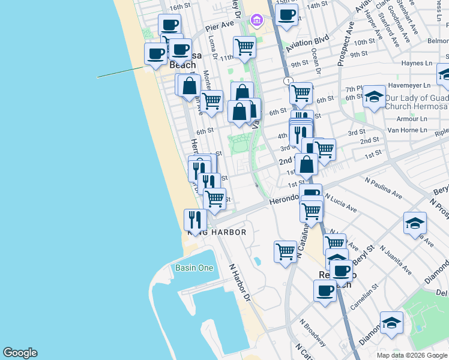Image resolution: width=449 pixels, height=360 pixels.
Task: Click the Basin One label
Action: pos(194,268)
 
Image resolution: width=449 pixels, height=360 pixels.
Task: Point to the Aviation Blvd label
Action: pos(308,44)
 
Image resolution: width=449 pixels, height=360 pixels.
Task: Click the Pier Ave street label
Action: pos(219,27)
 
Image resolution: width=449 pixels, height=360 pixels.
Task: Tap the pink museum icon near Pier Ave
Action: pos(257,22)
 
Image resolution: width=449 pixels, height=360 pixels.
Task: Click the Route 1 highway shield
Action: pos(289,80)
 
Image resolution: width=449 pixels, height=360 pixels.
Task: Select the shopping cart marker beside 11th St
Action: pos(244,46)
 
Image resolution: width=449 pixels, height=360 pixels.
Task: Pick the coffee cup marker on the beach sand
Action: pos(155,53)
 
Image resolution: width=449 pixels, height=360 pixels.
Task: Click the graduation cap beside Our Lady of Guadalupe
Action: pos(374,97)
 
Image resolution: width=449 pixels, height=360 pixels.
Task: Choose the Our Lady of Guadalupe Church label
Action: pos(416,101)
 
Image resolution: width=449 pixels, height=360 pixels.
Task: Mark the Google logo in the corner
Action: pos(20,353)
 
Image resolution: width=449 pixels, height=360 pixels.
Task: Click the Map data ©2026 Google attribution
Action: pos(412,355)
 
